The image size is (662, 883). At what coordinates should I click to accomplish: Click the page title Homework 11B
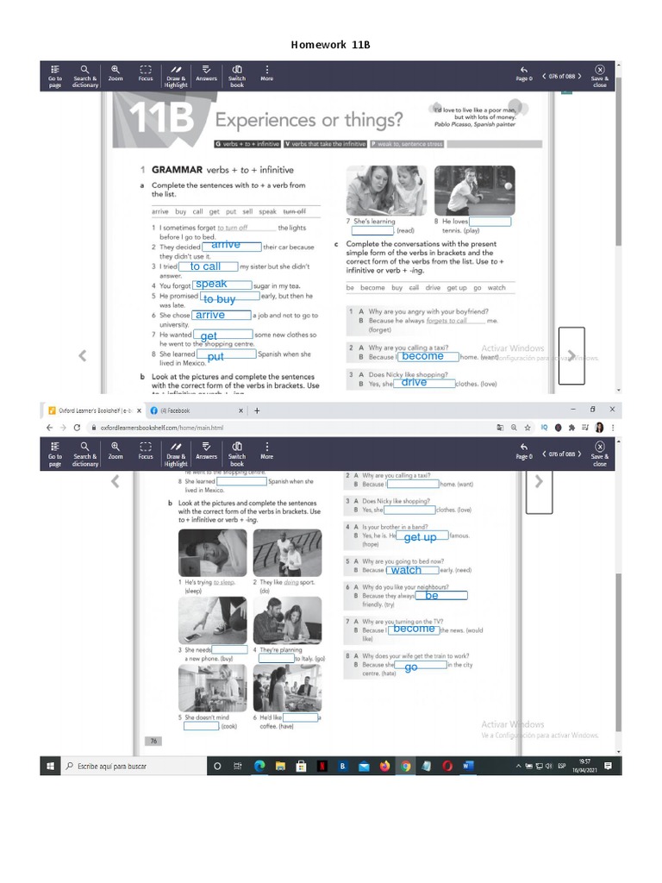tap(330, 44)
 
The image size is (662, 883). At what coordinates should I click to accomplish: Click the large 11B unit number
tap(161, 120)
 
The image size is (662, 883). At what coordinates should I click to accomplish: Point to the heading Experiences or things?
tap(308, 120)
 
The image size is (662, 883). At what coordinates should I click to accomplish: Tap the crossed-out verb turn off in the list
tap(294, 211)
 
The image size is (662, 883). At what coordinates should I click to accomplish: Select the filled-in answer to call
tap(206, 267)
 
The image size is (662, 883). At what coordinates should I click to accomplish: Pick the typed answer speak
tap(212, 284)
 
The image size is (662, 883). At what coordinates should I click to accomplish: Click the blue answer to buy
tap(220, 299)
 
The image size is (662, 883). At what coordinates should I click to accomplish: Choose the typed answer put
tap(215, 356)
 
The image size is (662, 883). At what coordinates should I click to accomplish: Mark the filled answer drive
tap(414, 382)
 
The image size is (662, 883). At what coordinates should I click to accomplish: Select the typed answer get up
tap(420, 537)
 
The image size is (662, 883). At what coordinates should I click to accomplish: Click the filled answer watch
tap(406, 570)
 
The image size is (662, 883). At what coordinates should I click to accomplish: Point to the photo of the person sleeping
tap(212, 553)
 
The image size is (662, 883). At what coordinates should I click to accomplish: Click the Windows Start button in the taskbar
tap(50, 766)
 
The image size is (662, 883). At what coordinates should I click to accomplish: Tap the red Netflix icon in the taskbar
tap(321, 766)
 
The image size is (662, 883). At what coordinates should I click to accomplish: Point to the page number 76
tap(153, 741)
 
